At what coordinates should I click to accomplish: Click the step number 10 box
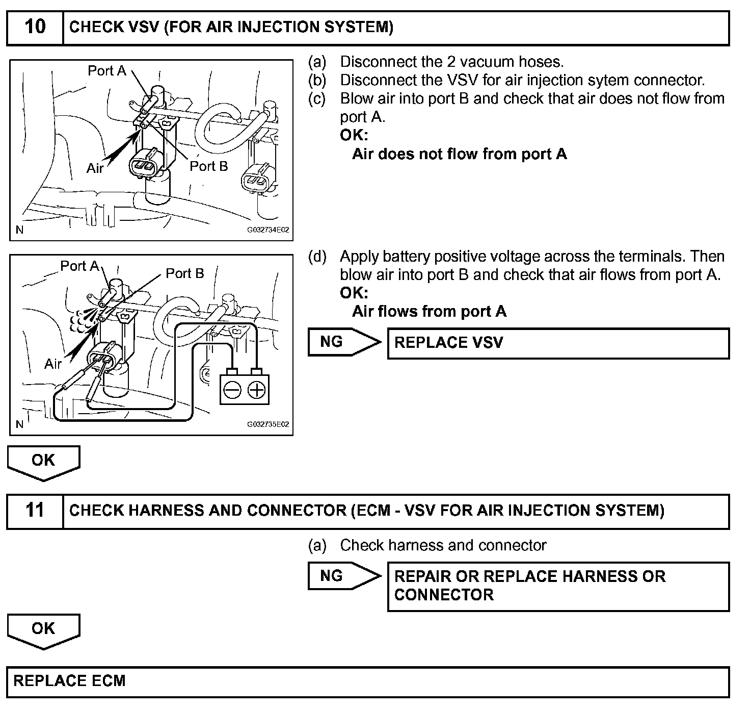pyautogui.click(x=35, y=27)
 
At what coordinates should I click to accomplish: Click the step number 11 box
pyautogui.click(x=35, y=511)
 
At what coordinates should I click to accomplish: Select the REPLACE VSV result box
pyautogui.click(x=558, y=343)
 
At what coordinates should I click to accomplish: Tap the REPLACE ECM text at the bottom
pyautogui.click(x=69, y=681)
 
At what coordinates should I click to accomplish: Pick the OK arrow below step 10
pyautogui.click(x=43, y=461)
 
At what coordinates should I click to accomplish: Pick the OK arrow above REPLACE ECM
pyautogui.click(x=43, y=629)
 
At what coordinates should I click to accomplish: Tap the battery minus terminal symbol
pyautogui.click(x=232, y=391)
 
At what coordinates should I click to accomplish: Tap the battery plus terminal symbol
pyautogui.click(x=257, y=391)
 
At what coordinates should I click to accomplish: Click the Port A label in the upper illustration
pyautogui.click(x=107, y=71)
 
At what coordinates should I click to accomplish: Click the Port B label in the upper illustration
pyautogui.click(x=209, y=166)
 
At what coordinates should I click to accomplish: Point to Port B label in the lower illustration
pyautogui.click(x=185, y=274)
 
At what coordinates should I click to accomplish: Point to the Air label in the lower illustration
pyautogui.click(x=53, y=364)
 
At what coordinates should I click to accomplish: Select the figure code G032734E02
pyautogui.click(x=268, y=230)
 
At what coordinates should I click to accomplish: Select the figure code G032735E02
pyautogui.click(x=268, y=424)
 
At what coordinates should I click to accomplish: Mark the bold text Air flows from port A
pyautogui.click(x=429, y=312)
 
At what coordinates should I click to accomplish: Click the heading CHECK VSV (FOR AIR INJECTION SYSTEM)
pyautogui.click(x=231, y=27)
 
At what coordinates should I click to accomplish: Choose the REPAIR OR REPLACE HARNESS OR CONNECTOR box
pyautogui.click(x=558, y=586)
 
